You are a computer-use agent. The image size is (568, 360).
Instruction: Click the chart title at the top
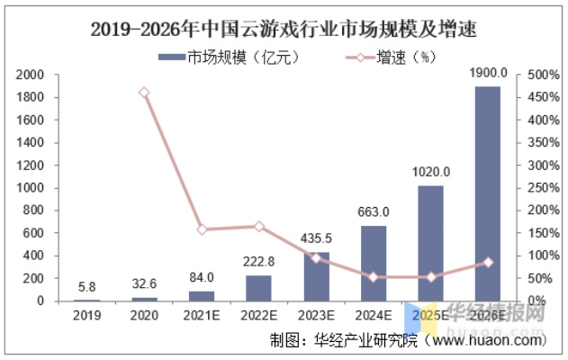[x=284, y=29]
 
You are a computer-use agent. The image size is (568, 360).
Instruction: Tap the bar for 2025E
[x=431, y=243]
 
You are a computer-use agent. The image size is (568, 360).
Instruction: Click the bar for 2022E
[x=258, y=288]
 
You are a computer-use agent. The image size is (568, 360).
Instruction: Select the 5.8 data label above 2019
[x=87, y=286]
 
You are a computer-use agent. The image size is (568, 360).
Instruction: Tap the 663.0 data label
[x=374, y=212]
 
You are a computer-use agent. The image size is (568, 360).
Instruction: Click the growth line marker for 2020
[x=144, y=93]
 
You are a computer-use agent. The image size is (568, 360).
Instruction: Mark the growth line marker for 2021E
[x=202, y=229]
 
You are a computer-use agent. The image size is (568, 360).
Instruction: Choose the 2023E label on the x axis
[x=316, y=316]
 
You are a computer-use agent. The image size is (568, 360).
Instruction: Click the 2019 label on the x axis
[x=87, y=316]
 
